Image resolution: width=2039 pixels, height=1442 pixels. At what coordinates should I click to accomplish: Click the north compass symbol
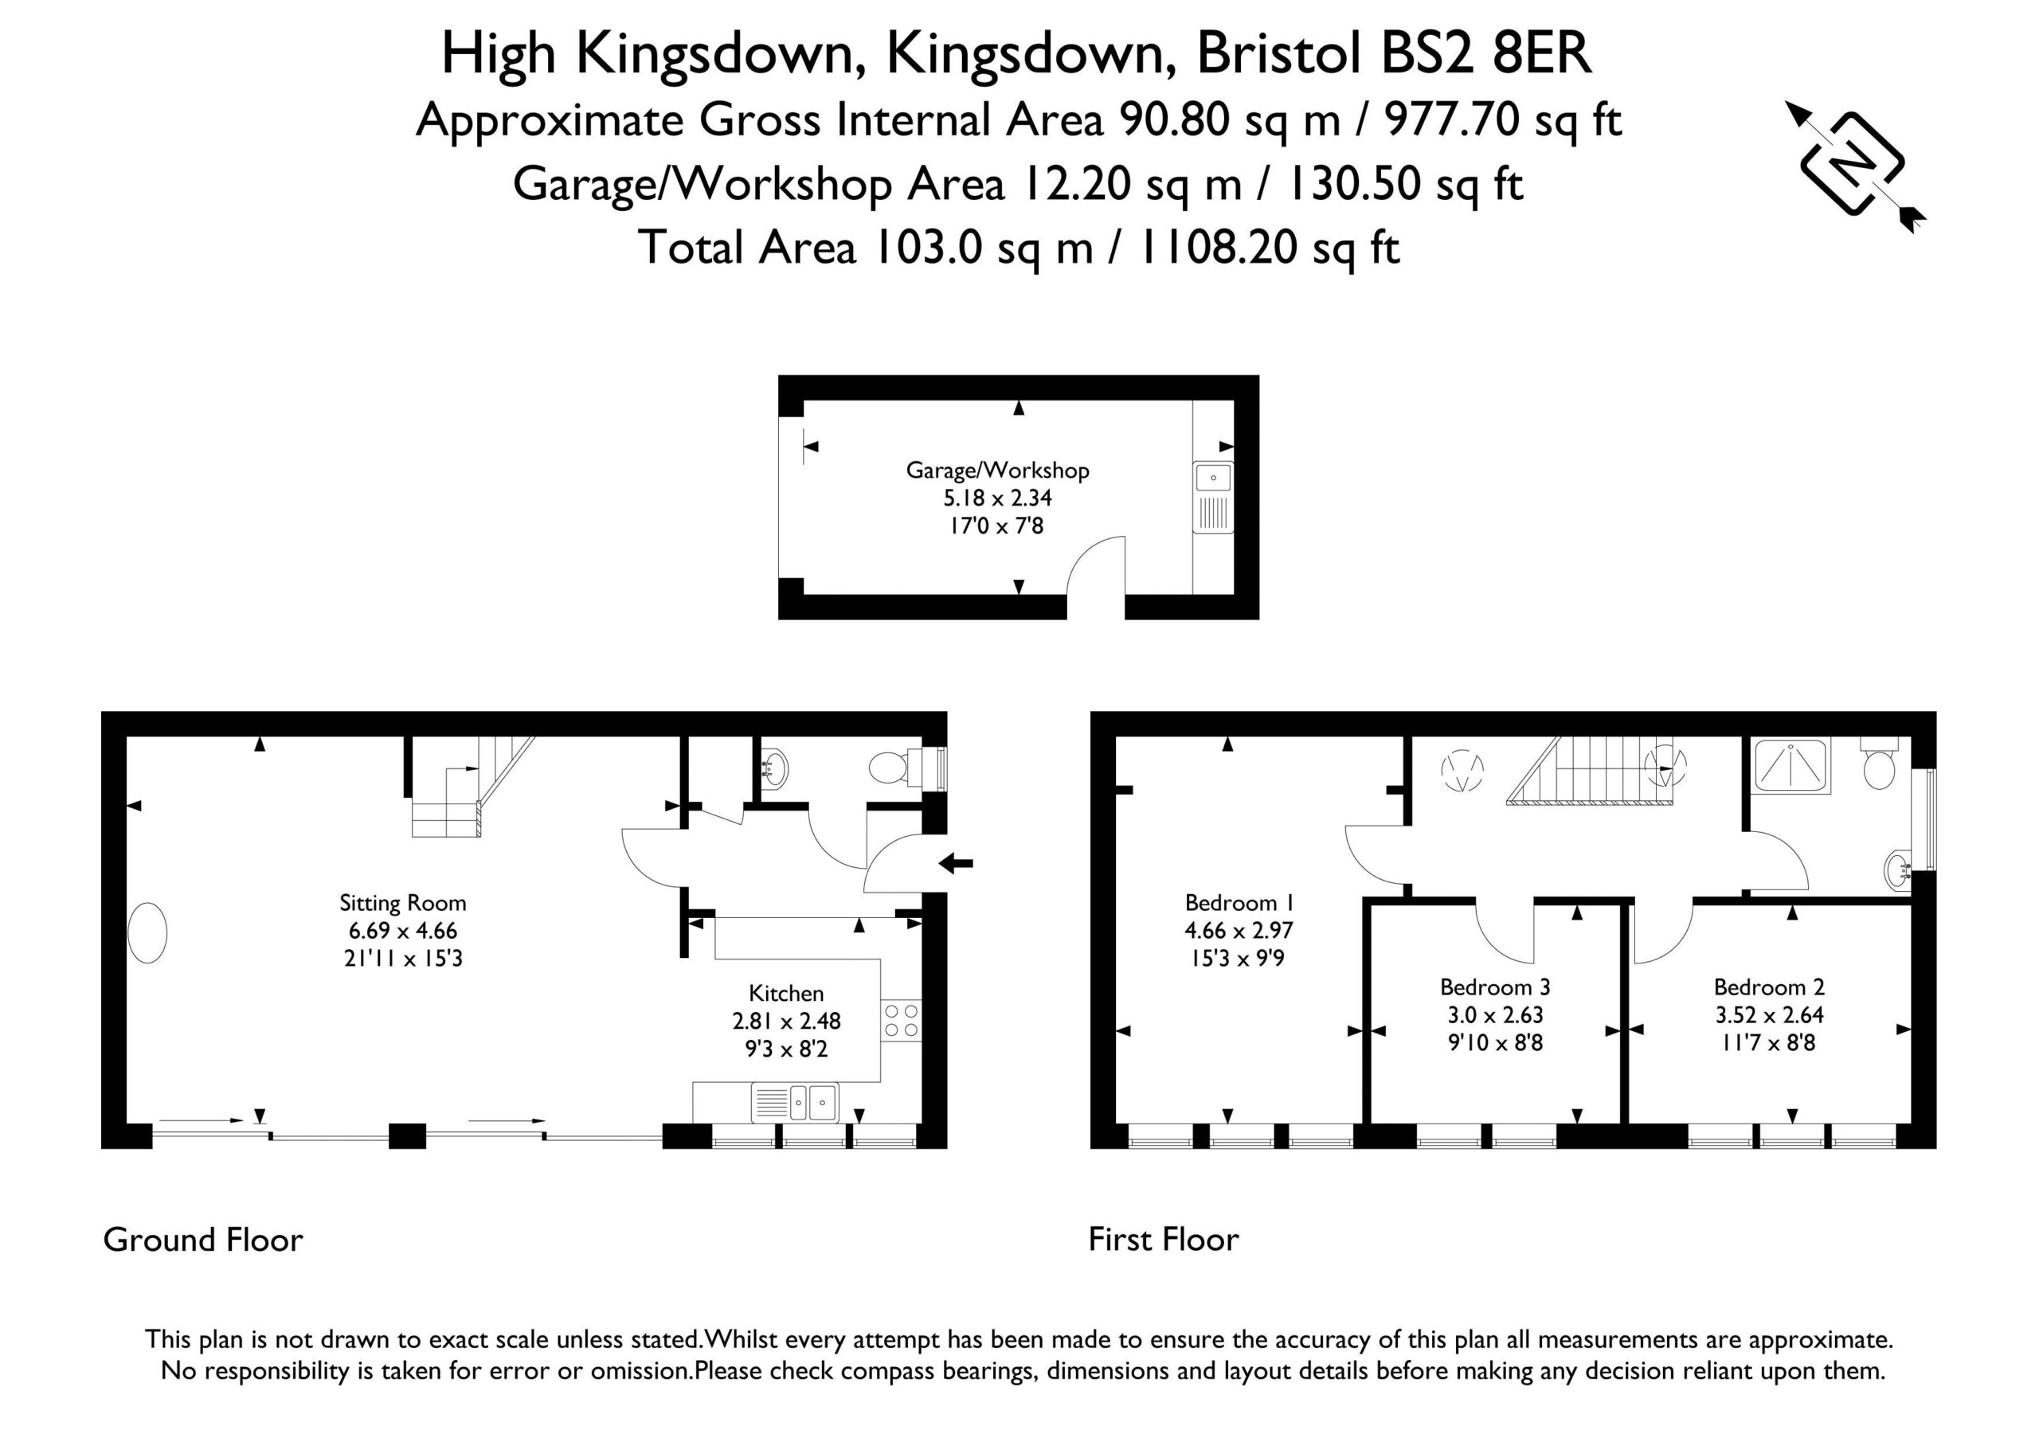click(x=1854, y=165)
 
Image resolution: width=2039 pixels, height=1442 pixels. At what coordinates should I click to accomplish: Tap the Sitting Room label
click(x=402, y=903)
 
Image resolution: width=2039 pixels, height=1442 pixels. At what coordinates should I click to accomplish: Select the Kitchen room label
click(x=786, y=993)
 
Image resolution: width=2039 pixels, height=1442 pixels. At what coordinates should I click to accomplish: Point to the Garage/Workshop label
click(x=997, y=471)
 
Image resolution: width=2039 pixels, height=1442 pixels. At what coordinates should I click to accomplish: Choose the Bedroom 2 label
click(x=1769, y=987)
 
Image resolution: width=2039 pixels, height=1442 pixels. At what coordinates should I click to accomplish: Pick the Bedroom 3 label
click(x=1495, y=987)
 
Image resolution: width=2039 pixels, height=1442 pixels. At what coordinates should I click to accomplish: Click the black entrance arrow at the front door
click(x=956, y=862)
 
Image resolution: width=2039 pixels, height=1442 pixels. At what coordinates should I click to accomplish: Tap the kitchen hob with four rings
click(x=901, y=1020)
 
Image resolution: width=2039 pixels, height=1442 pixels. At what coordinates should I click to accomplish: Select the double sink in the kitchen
click(x=794, y=1103)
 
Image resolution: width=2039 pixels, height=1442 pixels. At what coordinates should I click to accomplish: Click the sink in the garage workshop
click(x=1213, y=497)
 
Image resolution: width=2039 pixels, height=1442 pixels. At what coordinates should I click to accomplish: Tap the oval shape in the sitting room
click(x=147, y=932)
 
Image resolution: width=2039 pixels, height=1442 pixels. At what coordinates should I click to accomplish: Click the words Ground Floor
click(x=202, y=1240)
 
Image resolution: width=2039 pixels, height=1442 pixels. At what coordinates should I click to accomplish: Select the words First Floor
click(x=1164, y=1240)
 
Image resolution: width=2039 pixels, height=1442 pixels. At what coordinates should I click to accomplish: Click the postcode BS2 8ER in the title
click(x=1485, y=53)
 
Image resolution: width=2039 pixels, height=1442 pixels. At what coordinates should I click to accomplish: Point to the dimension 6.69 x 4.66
click(x=402, y=931)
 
